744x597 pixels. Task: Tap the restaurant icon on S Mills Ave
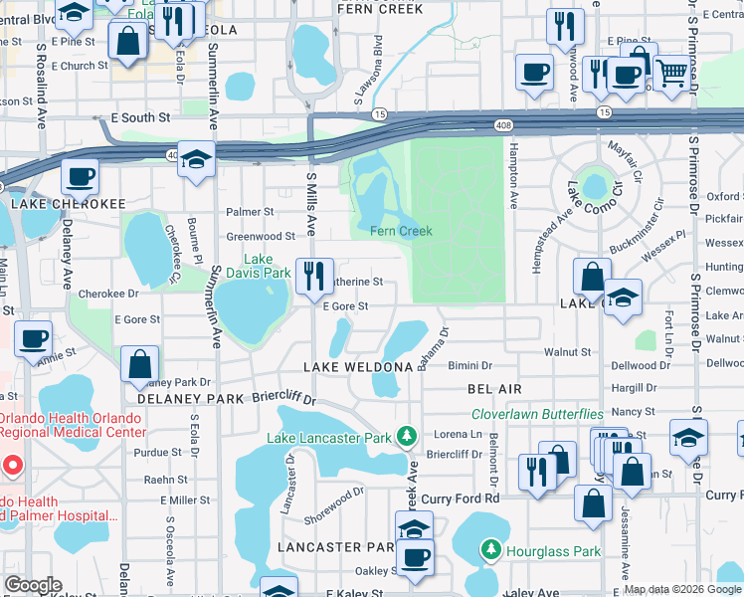314,276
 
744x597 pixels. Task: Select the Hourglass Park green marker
490,549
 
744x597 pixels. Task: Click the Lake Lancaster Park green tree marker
406,436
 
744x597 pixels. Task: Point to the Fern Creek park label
401,231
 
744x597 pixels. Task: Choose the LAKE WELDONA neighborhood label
358,368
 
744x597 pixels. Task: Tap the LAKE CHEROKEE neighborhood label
69,203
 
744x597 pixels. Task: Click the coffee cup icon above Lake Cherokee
79,178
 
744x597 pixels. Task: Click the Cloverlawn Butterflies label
537,414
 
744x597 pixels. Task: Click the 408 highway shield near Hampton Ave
503,125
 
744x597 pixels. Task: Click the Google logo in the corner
33,585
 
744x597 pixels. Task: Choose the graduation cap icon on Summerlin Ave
197,160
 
